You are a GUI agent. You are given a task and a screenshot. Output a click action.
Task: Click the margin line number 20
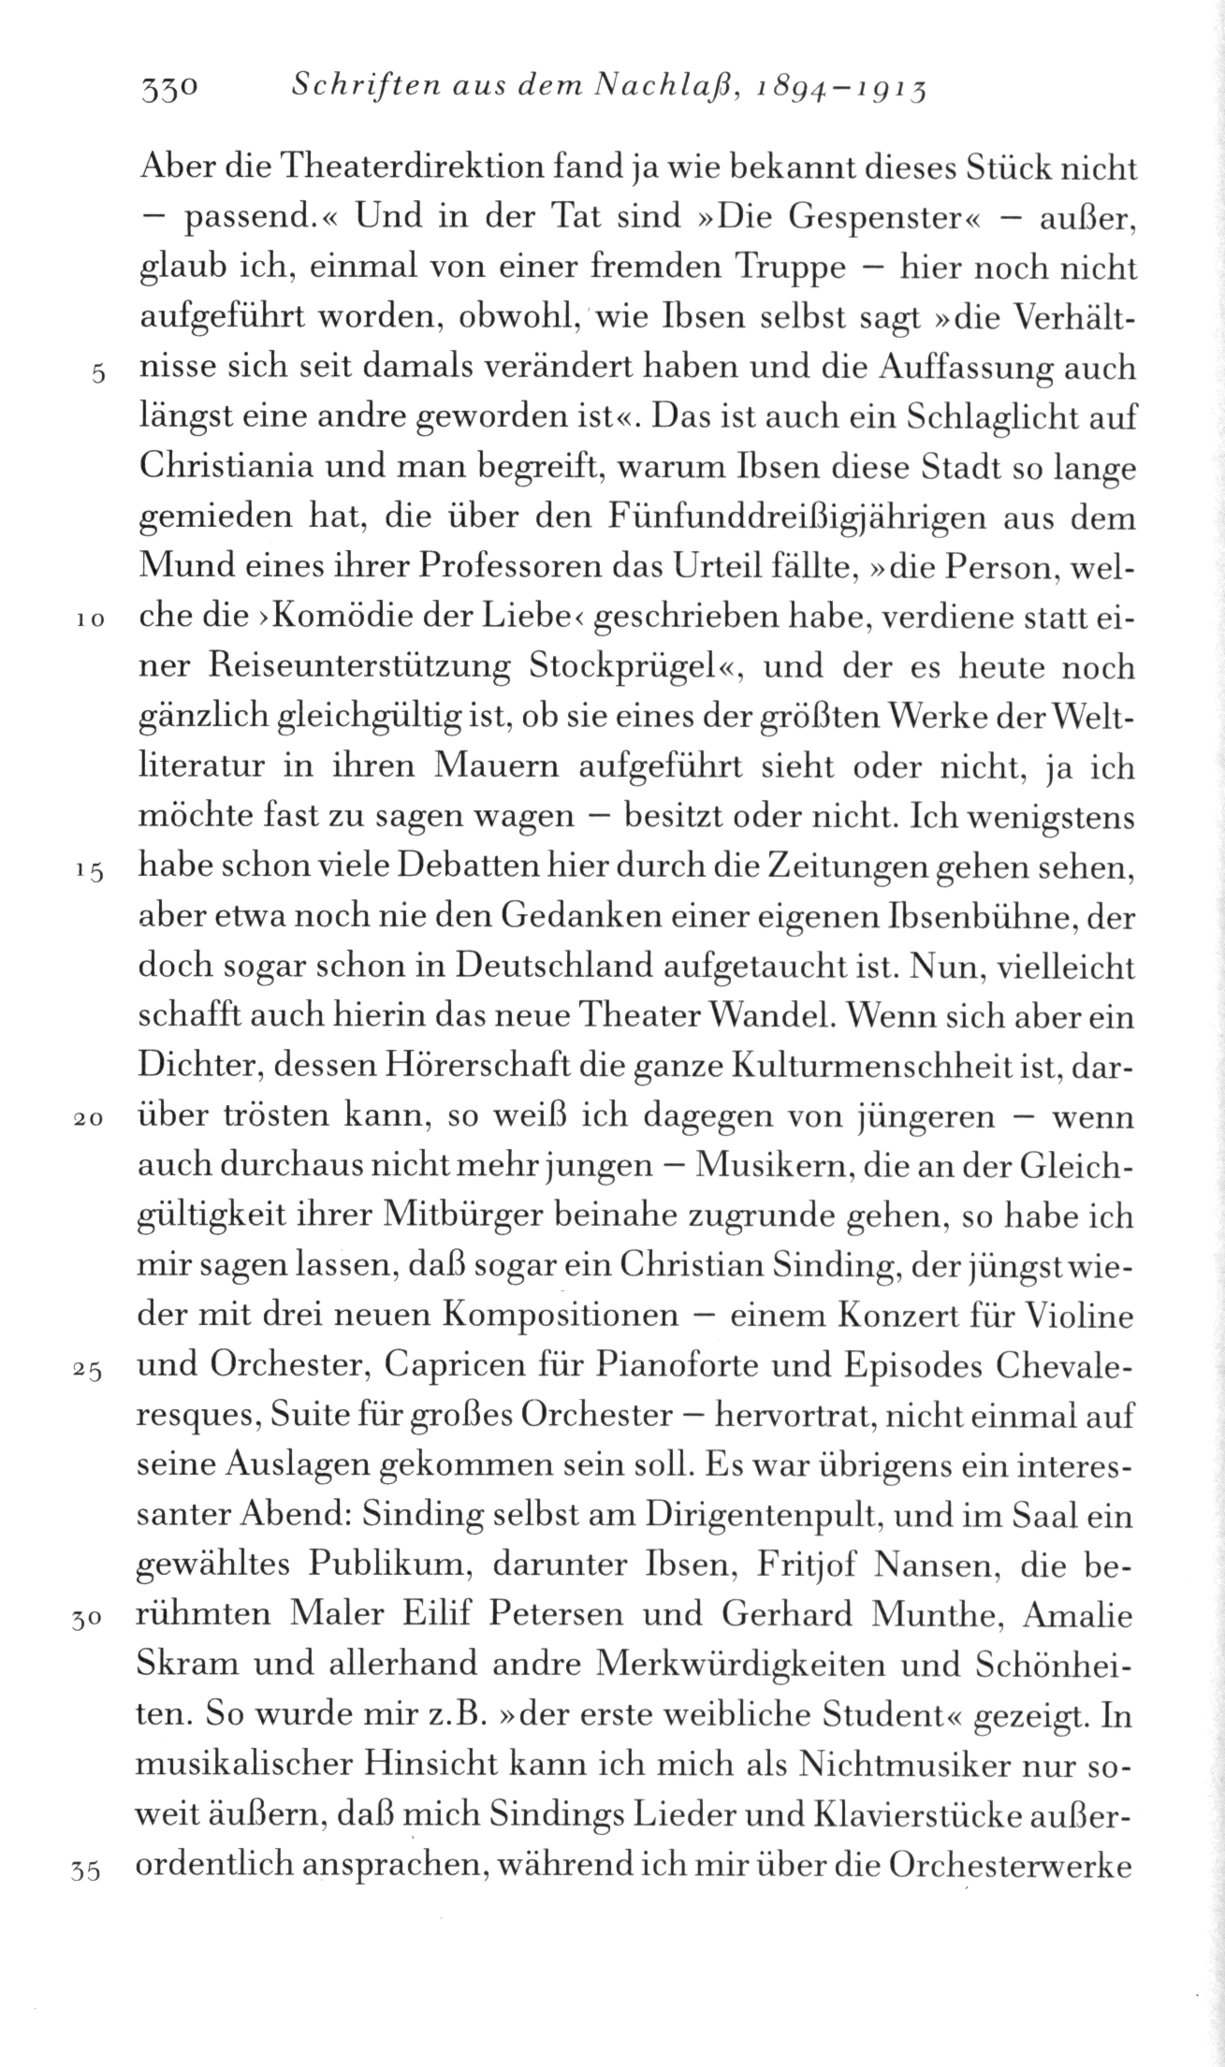click(89, 1119)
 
